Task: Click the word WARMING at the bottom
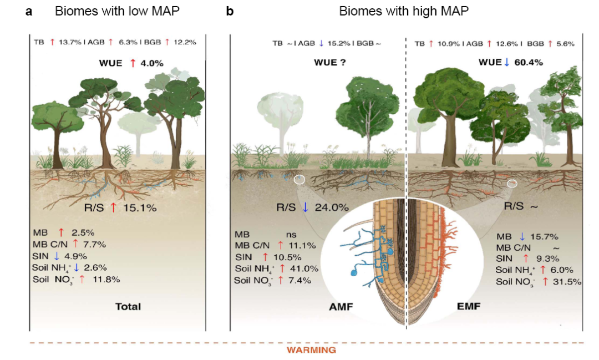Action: [311, 350]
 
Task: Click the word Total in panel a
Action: [128, 306]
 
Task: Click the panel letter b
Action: [229, 11]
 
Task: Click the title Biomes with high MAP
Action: [404, 11]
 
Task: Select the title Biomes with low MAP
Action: [116, 11]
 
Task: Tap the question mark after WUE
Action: [344, 63]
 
